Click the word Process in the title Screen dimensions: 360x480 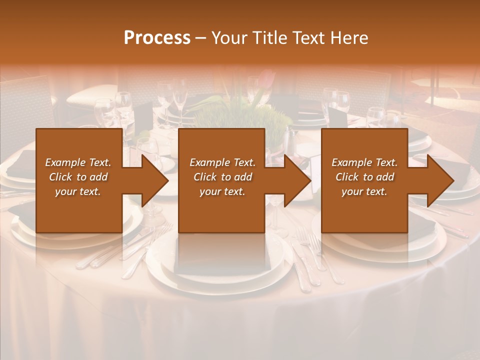[157, 38]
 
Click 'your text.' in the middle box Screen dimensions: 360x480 [222, 191]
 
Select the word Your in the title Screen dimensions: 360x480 [228, 38]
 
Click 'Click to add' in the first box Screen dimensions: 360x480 [78, 177]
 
